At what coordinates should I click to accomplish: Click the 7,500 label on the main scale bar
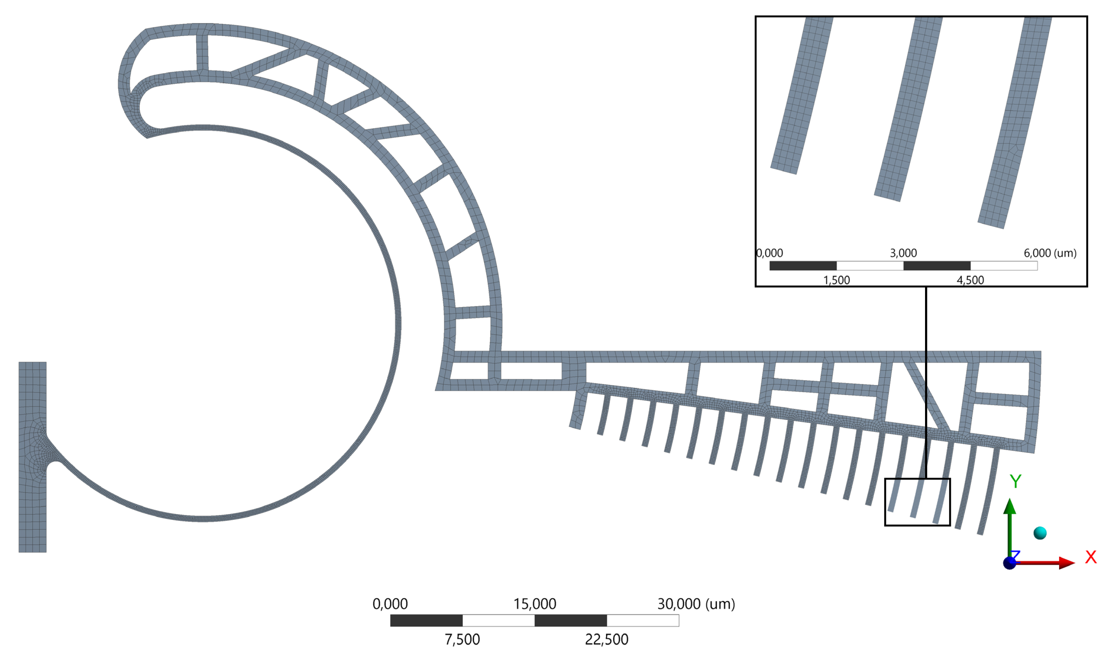click(x=462, y=639)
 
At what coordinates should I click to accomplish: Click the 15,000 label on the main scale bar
click(x=535, y=604)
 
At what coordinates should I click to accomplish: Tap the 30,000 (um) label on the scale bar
click(x=696, y=604)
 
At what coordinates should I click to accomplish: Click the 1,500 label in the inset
click(x=836, y=280)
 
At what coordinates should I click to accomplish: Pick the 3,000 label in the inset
click(x=903, y=253)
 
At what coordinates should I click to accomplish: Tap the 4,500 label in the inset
click(x=970, y=280)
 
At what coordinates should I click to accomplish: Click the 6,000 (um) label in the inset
click(x=1050, y=253)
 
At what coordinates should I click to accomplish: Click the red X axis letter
click(x=1091, y=557)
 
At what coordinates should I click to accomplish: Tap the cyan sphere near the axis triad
click(x=1040, y=533)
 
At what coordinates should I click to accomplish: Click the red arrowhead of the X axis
click(x=1066, y=563)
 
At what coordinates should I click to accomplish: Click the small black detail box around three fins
click(x=886, y=502)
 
